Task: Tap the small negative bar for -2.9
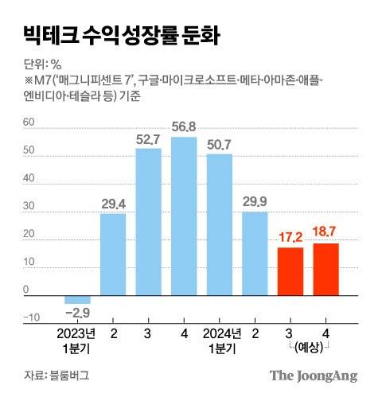pos(77,299)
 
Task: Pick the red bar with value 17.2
pos(290,270)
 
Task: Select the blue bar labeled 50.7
pos(220,223)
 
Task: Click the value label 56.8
pos(184,127)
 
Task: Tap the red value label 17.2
pos(290,237)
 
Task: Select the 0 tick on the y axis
pos(27,290)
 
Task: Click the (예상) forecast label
pos(309,348)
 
